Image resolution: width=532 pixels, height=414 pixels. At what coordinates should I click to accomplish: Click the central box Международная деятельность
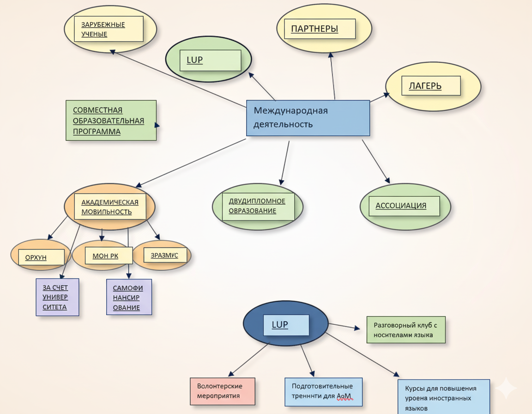tap(308, 118)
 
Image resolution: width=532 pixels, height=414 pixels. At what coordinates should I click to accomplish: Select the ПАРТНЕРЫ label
tap(320, 29)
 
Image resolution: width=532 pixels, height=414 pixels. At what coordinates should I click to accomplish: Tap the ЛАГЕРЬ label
tap(431, 86)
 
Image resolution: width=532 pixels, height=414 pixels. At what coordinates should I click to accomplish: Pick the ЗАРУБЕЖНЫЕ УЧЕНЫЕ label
tap(109, 29)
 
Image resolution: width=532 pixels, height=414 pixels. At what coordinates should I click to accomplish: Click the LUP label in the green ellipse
tap(210, 60)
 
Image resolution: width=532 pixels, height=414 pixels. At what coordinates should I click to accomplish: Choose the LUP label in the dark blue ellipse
tap(286, 325)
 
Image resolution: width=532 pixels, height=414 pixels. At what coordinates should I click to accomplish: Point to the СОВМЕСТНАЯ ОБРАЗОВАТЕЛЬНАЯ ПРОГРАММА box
tap(111, 121)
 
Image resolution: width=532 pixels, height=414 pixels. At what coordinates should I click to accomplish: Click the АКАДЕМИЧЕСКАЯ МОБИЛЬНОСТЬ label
tap(113, 207)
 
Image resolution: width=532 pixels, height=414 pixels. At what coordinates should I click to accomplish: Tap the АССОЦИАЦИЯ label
tap(404, 206)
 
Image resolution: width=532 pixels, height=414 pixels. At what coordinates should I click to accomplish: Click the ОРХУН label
tap(41, 257)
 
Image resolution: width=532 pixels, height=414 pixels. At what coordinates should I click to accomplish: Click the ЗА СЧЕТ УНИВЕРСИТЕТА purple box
tap(58, 297)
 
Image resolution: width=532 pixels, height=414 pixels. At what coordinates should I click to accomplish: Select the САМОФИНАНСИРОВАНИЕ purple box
tap(129, 297)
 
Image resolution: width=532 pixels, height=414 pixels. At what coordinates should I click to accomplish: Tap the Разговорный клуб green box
tap(406, 330)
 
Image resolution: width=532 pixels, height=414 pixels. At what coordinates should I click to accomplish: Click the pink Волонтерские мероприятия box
tap(223, 391)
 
